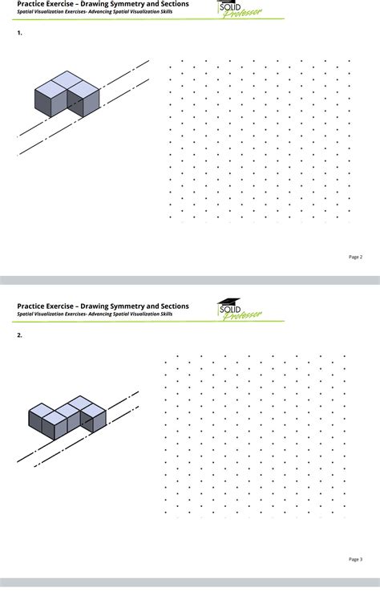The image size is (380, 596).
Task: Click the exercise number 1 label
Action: [19, 34]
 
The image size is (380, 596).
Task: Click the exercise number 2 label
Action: [19, 335]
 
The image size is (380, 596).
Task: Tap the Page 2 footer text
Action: [355, 257]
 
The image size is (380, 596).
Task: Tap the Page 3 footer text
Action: [355, 559]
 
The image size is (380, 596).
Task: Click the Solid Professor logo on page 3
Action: [239, 310]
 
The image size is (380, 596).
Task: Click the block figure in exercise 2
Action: [67, 415]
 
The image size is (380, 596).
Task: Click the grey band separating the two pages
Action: [190, 281]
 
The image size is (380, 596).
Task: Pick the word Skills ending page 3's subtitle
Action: [164, 314]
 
